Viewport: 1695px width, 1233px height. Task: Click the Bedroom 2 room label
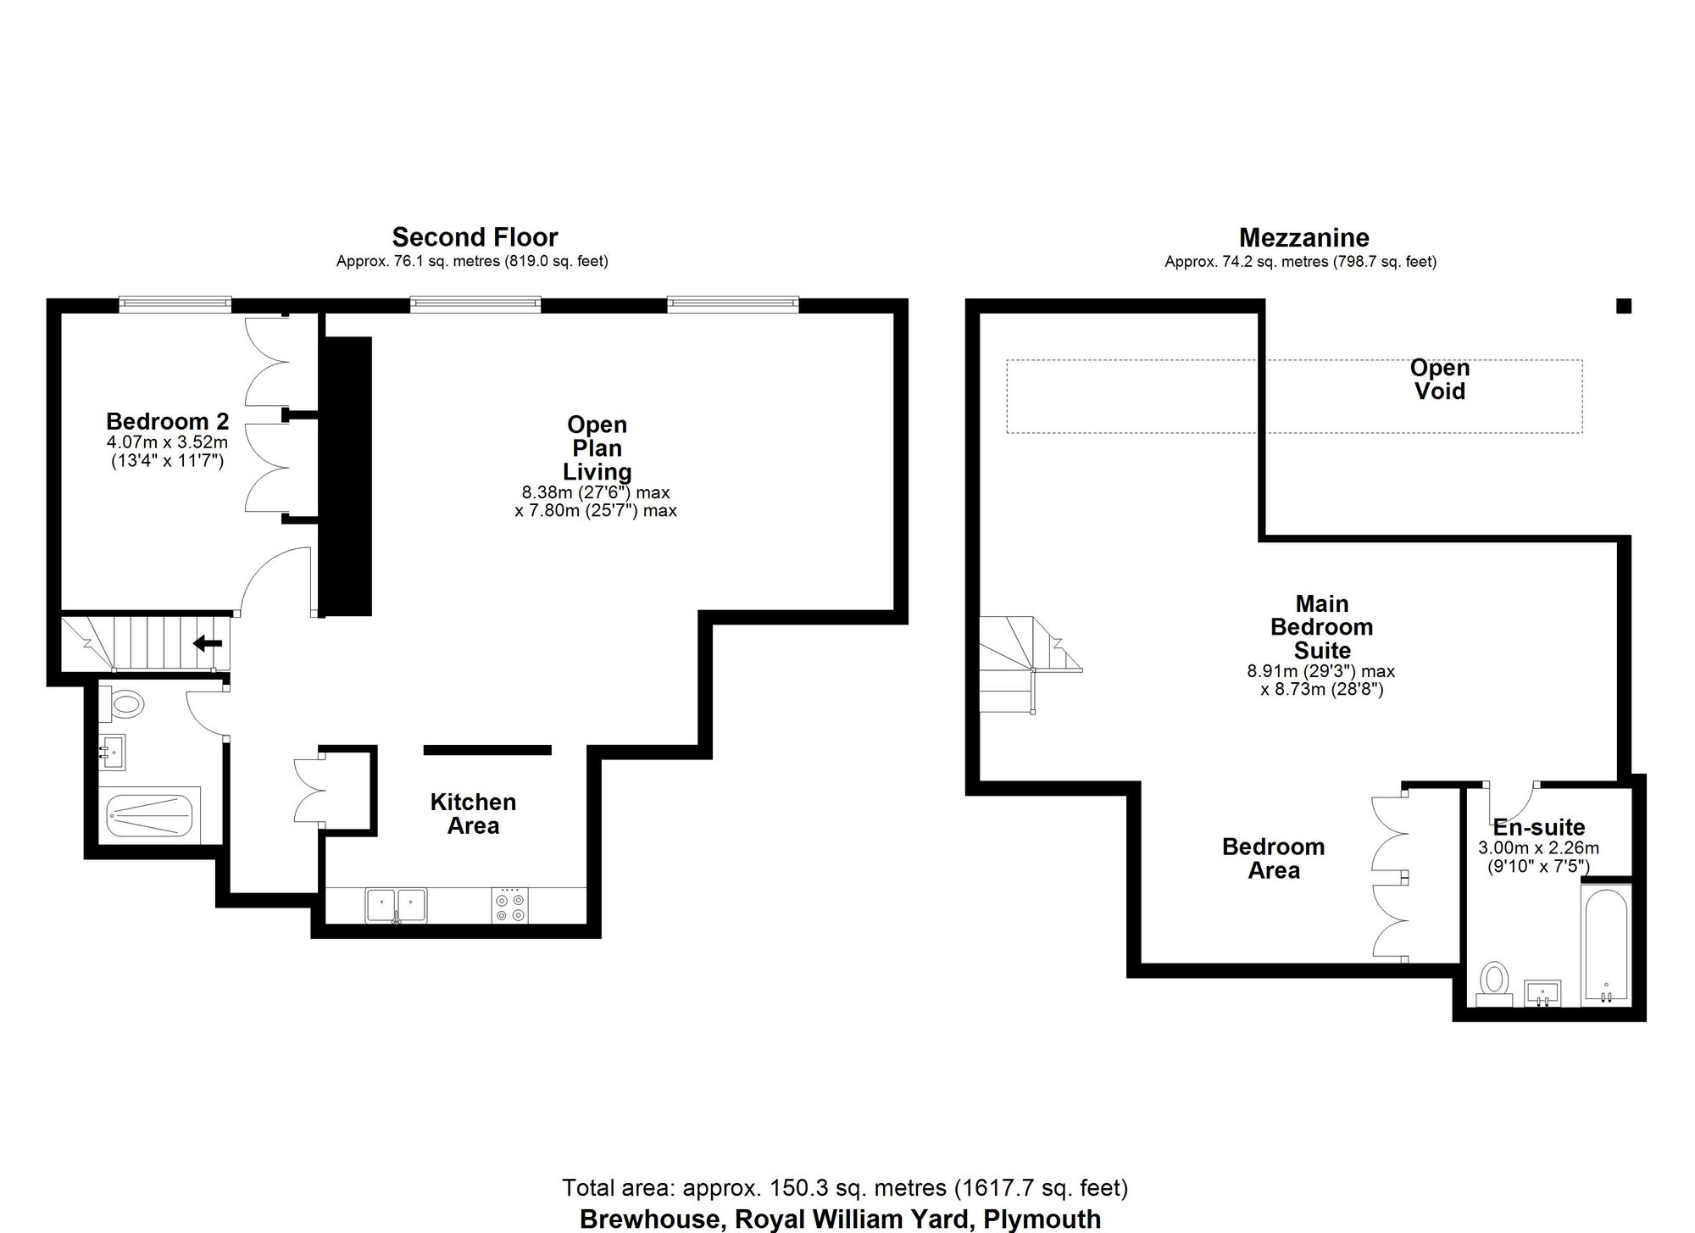coord(167,421)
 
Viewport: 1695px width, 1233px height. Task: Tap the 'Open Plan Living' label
coord(597,448)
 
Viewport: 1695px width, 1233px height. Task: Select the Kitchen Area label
coord(473,814)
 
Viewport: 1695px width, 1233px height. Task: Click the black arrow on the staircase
coord(208,643)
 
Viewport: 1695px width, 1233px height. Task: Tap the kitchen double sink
coord(396,905)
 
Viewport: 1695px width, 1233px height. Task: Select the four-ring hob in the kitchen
coord(508,906)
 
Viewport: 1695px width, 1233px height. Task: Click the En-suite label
coord(1539,827)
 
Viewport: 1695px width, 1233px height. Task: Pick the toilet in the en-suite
coord(1493,983)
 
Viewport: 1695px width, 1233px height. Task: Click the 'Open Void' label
coord(1440,380)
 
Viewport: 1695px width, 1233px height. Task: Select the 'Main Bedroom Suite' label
coord(1322,627)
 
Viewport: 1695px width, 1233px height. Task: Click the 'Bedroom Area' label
coord(1274,858)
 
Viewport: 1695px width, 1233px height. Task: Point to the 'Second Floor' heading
coord(475,237)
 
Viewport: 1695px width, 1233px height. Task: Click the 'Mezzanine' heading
coord(1304,237)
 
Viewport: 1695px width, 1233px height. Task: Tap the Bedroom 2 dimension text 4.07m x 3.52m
coord(167,442)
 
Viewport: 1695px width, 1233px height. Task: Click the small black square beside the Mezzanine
coord(1624,306)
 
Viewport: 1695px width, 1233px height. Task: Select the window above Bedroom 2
coord(175,303)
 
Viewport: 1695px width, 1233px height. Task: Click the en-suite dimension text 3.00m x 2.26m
coord(1539,848)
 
